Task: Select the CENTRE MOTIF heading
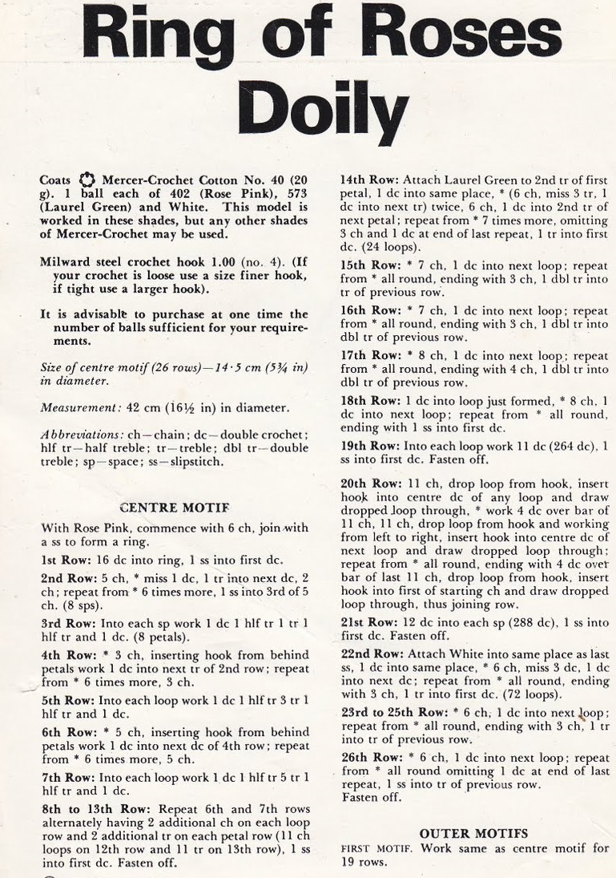pyautogui.click(x=174, y=508)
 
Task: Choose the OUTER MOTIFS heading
pyautogui.click(x=473, y=834)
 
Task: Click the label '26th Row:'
pyautogui.click(x=366, y=756)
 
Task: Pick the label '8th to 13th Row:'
pyautogui.click(x=86, y=809)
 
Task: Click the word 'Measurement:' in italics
pyautogui.click(x=73, y=408)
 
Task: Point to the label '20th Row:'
pyautogui.click(x=366, y=484)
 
